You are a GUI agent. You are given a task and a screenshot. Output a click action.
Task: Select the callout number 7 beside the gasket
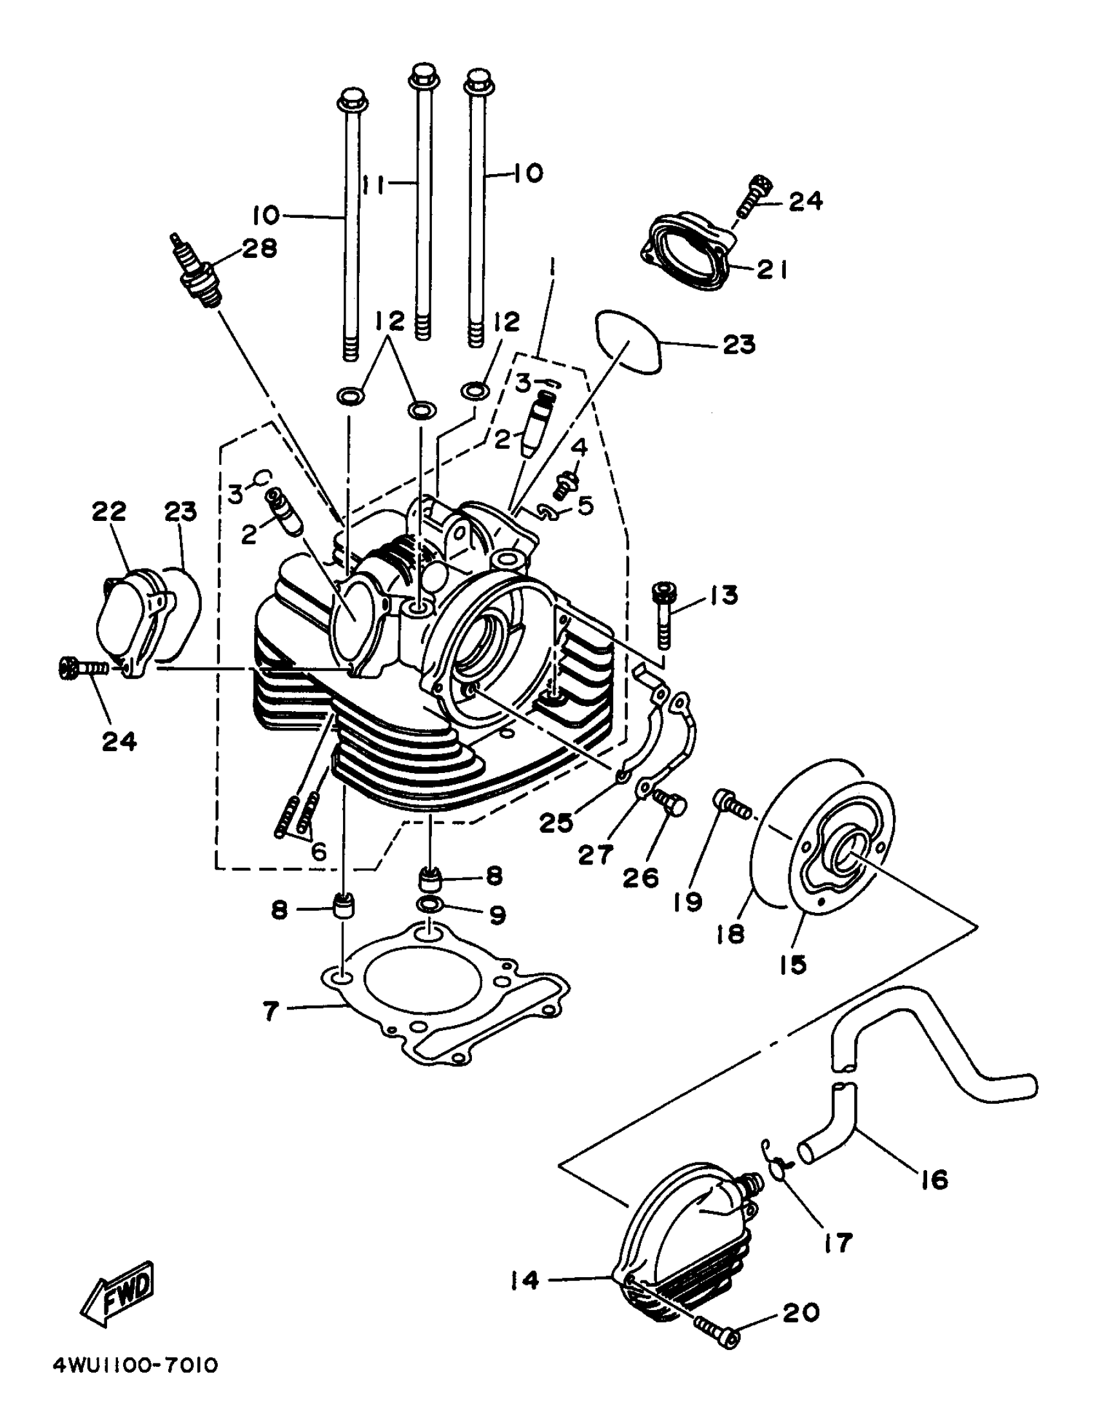[271, 1011]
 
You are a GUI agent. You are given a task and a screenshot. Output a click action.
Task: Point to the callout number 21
[772, 269]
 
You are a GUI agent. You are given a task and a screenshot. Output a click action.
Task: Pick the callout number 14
[525, 1280]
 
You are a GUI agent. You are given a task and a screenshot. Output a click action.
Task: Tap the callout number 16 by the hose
[934, 1179]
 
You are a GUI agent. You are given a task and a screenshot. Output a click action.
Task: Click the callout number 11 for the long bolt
[373, 184]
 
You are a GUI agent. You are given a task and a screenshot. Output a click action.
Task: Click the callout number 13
[721, 595]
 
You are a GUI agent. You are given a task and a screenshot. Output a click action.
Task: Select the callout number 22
[108, 512]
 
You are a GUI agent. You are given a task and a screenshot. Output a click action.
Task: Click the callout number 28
[259, 249]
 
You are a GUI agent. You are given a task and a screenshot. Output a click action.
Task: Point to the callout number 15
[793, 964]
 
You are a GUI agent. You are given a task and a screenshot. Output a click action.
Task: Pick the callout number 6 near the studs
[318, 852]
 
